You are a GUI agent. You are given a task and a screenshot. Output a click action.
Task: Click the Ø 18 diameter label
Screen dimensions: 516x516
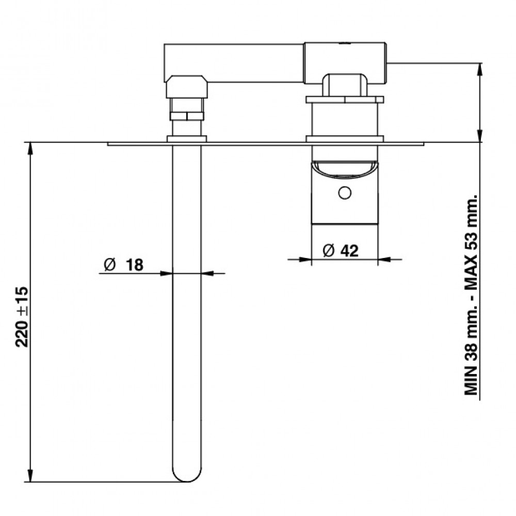click(124, 265)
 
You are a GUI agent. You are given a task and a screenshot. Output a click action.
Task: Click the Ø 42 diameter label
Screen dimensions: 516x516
click(340, 251)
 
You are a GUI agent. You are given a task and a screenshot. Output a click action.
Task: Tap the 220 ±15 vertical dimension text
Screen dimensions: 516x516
click(22, 317)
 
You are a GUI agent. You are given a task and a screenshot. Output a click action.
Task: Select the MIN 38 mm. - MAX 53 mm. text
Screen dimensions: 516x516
click(471, 295)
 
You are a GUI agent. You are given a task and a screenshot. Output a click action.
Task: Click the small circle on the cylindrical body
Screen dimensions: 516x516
click(345, 193)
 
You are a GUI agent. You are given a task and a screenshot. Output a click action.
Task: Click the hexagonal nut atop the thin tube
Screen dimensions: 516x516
click(187, 87)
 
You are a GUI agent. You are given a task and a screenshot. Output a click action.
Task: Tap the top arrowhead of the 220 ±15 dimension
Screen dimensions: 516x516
click(30, 149)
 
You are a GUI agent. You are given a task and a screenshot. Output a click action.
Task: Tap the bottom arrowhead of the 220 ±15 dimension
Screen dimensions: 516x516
click(30, 476)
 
